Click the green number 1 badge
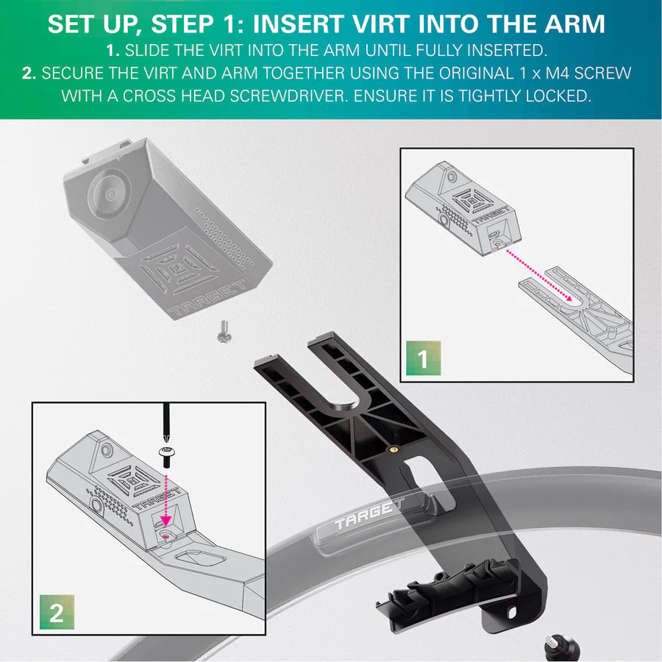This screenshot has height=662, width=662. click(422, 360)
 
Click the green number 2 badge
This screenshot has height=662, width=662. click(56, 613)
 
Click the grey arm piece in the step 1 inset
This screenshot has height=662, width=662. click(581, 316)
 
